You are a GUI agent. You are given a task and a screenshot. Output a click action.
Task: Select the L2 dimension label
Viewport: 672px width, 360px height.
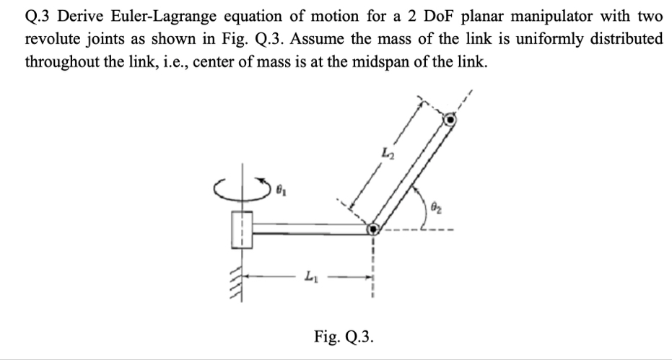(387, 153)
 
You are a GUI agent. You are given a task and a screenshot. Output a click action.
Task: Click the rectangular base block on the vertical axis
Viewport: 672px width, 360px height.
(242, 229)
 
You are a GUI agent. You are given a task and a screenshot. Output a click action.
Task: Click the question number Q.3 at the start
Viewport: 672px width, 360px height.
(41, 15)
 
